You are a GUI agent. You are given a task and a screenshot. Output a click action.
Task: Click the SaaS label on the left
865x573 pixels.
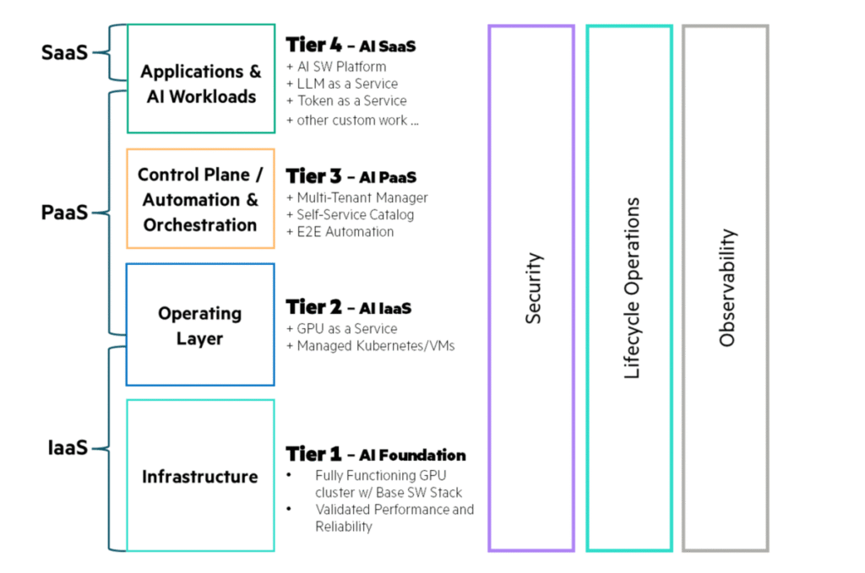[x=64, y=52]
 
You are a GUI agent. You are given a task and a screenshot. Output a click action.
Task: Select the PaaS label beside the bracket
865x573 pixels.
[x=64, y=213]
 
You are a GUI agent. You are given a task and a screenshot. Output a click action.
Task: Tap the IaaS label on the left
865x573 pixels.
[x=67, y=448]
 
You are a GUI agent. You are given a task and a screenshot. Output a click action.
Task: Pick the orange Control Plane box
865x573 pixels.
[x=200, y=199]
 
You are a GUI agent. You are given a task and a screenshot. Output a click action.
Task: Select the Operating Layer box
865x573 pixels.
[x=200, y=325]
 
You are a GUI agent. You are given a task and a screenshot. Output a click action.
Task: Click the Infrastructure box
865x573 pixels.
[x=200, y=476]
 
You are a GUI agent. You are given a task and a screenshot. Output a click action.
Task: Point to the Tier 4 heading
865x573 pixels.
[x=351, y=46]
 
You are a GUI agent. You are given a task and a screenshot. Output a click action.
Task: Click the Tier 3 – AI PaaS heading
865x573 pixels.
[x=351, y=177]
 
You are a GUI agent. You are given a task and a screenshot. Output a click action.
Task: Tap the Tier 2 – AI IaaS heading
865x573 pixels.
[x=348, y=307]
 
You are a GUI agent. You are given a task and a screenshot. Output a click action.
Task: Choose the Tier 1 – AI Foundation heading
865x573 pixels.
[x=375, y=454]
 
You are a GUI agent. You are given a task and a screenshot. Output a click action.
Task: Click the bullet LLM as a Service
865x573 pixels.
[x=342, y=84]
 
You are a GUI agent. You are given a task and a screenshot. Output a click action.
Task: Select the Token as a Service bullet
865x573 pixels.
[x=346, y=100]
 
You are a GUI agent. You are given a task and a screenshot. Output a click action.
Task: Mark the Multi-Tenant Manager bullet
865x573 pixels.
[x=356, y=197]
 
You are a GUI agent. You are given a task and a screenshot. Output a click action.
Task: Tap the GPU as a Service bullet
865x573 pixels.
[x=341, y=328]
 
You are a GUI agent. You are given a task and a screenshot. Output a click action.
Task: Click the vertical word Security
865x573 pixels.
[x=534, y=288]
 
